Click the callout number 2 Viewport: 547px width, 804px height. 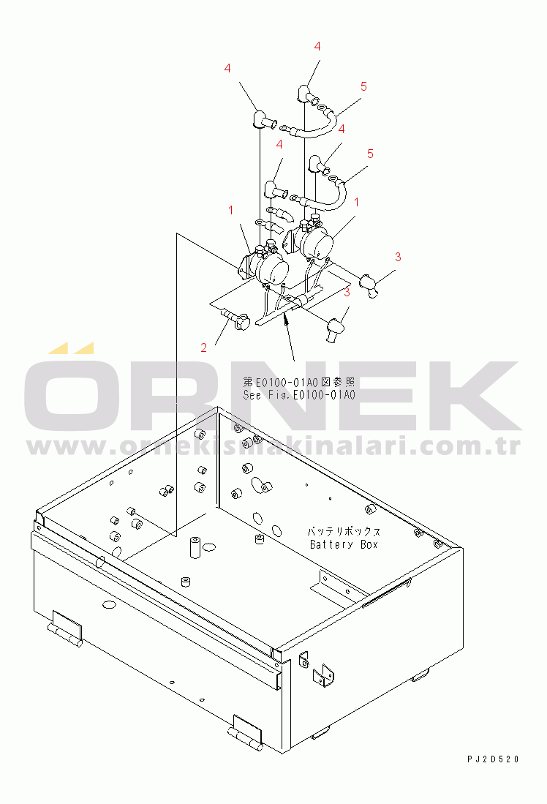click(x=203, y=348)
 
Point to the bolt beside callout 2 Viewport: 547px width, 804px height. click(x=235, y=318)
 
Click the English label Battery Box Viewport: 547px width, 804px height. click(x=344, y=544)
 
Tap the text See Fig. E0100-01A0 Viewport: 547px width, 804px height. click(x=299, y=395)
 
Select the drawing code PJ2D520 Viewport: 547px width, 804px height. click(x=493, y=759)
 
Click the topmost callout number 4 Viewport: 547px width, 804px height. click(x=317, y=47)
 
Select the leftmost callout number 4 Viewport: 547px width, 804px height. click(x=227, y=68)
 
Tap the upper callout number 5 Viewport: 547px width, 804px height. click(x=363, y=86)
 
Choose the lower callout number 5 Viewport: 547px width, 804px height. click(x=370, y=154)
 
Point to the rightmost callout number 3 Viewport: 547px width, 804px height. click(x=398, y=257)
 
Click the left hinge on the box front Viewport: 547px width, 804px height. click(x=66, y=628)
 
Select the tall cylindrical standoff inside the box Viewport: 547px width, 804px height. click(x=195, y=547)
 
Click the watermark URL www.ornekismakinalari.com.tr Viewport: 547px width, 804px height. click(x=273, y=446)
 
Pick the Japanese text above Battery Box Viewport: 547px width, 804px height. click(x=344, y=532)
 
